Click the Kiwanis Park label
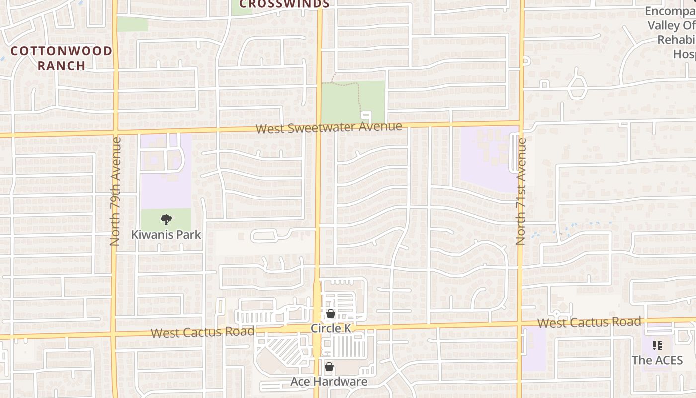166,234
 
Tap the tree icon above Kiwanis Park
166,219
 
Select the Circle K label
331,328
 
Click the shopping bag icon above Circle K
330,314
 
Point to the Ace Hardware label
329,382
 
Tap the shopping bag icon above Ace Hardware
329,367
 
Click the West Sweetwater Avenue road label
329,127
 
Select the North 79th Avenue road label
115,192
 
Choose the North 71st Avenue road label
521,192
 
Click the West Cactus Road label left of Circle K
202,332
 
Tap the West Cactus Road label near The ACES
589,322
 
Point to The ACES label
657,360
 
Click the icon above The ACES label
657,346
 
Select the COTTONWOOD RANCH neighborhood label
62,58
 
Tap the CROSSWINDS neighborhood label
284,4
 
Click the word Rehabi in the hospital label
676,40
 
